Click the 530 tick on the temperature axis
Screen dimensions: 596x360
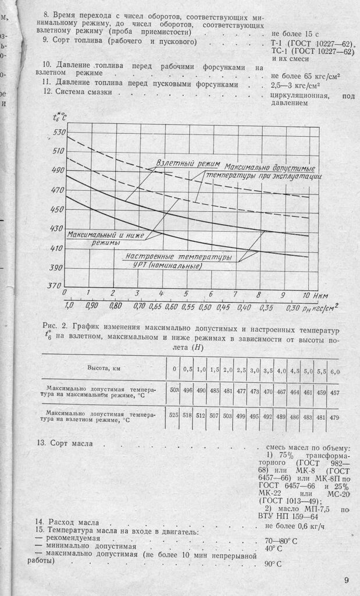point(58,132)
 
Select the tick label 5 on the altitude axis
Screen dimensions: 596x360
point(186,294)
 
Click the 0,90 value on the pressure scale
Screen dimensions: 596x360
point(91,305)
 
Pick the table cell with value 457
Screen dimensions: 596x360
point(334,392)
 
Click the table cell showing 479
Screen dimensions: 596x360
point(334,417)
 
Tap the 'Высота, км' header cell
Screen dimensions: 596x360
point(104,368)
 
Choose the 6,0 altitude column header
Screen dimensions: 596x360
point(334,371)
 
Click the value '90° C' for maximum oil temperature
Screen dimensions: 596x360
point(273,564)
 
